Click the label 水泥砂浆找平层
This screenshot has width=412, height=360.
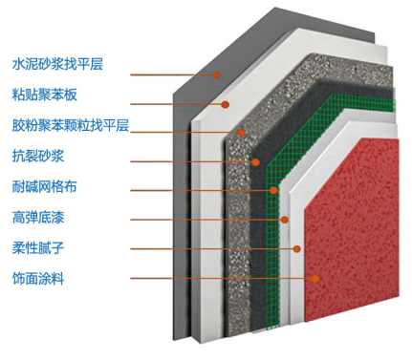click(x=58, y=64)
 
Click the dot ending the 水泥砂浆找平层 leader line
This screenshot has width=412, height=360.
click(x=219, y=74)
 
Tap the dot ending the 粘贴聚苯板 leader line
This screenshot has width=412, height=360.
click(x=227, y=103)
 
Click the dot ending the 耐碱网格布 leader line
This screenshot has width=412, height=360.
click(x=274, y=190)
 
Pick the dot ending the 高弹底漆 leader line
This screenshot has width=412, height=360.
click(x=285, y=220)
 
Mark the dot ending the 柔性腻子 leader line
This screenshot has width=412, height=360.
click(x=297, y=249)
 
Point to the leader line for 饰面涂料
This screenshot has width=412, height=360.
click(x=220, y=279)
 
